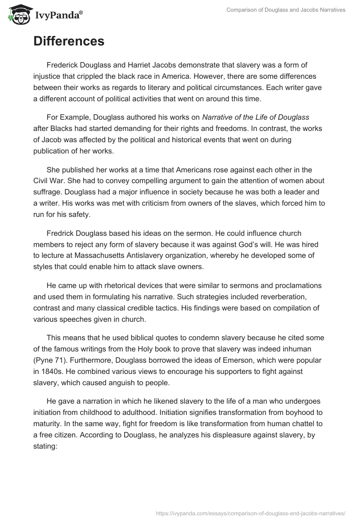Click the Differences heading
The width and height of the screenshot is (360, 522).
click(69, 41)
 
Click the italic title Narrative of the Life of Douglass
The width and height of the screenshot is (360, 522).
click(256, 117)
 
